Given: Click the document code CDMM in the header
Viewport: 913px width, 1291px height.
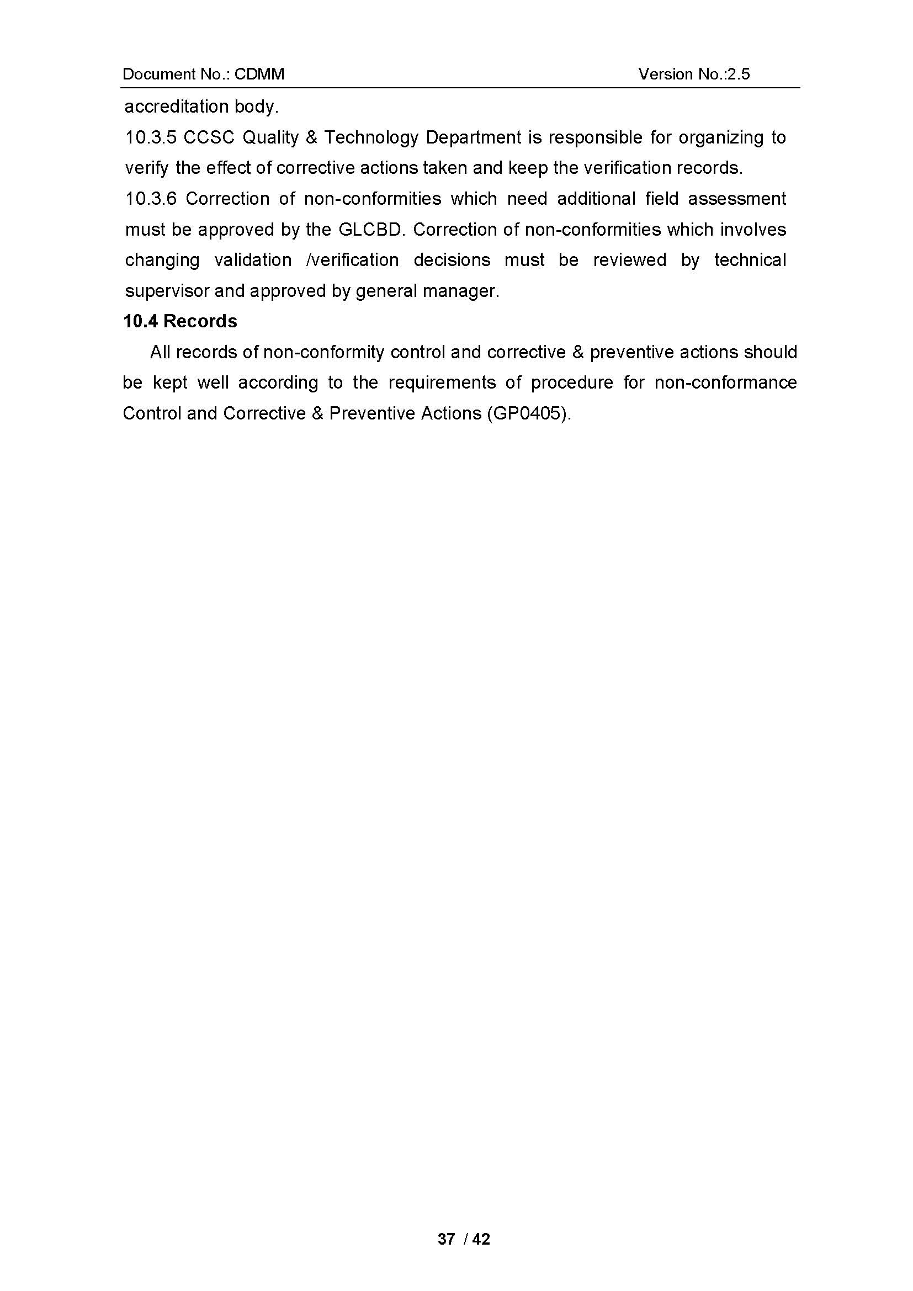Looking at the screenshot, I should (259, 74).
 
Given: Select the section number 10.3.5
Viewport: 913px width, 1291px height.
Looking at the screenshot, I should (151, 138).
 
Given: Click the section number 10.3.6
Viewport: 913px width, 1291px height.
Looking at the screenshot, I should (151, 199).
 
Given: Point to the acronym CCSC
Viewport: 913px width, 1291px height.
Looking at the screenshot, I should (209, 138).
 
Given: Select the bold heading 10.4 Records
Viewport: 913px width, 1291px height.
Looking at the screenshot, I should (180, 322).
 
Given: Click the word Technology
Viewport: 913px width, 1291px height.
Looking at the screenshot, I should (371, 138).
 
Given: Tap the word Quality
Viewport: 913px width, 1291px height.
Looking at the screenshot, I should (270, 138).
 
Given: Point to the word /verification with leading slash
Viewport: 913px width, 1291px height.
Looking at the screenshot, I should (353, 261).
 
